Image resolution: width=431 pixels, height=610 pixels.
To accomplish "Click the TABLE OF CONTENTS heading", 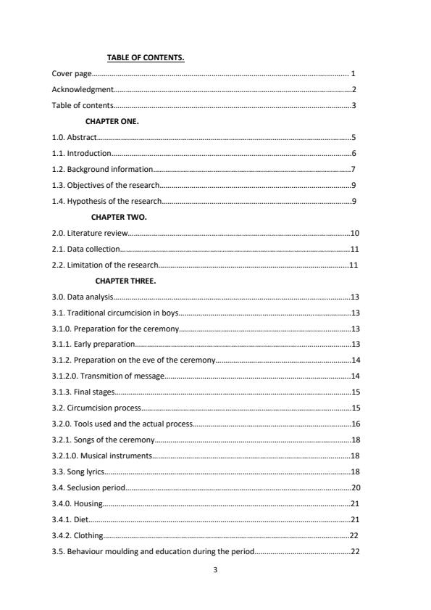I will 146,58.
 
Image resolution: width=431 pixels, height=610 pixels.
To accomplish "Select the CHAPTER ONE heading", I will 112,121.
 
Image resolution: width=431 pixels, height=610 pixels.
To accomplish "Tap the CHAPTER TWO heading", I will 119,217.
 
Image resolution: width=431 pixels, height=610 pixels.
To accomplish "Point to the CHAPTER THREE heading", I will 125,281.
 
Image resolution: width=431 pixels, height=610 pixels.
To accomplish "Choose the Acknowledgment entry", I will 83,90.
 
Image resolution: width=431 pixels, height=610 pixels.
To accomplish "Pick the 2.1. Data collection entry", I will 85,249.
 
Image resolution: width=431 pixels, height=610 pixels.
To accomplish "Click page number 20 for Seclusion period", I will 355,487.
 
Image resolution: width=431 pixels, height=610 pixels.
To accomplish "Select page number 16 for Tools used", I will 355,424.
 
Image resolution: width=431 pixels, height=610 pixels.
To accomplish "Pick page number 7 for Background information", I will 353,169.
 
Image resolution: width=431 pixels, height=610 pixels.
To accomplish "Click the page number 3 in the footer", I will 216,569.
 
